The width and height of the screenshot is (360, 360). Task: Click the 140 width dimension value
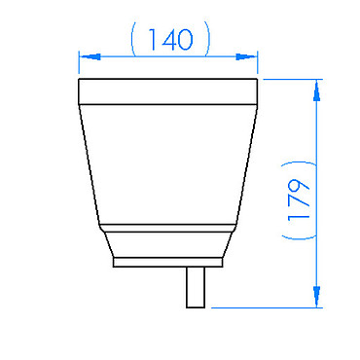pyautogui.click(x=170, y=40)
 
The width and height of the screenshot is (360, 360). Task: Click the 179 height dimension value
pyautogui.click(x=299, y=200)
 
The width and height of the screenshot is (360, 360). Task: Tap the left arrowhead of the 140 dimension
pyautogui.click(x=90, y=56)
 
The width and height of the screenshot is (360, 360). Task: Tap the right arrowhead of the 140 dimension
pyautogui.click(x=245, y=56)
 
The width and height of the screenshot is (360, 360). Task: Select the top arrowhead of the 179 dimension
pyautogui.click(x=317, y=90)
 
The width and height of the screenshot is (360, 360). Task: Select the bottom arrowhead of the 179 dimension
pyautogui.click(x=317, y=296)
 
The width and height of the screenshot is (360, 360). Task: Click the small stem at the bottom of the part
pyautogui.click(x=196, y=287)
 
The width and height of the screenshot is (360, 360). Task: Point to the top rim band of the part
pyautogui.click(x=168, y=91)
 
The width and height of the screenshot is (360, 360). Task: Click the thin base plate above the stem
pyautogui.click(x=168, y=263)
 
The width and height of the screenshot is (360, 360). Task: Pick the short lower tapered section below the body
pyautogui.click(x=168, y=245)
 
